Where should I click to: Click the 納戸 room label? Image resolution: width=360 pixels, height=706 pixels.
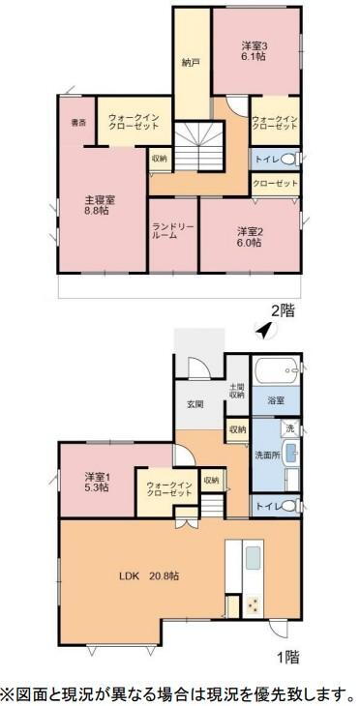(x=191, y=64)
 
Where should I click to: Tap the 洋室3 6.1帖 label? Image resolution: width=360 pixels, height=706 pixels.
(x=254, y=51)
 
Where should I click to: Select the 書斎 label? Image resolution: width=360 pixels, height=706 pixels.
(x=79, y=123)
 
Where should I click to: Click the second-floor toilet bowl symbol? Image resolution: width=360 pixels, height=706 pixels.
(x=291, y=159)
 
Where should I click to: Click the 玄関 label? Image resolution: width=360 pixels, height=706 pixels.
(x=194, y=404)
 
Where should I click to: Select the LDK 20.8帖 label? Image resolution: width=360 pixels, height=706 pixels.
(x=147, y=574)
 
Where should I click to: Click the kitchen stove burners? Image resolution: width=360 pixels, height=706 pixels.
(x=252, y=606)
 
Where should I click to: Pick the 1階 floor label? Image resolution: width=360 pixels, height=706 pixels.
(x=286, y=658)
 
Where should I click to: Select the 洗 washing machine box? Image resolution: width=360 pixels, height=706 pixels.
(x=288, y=427)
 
